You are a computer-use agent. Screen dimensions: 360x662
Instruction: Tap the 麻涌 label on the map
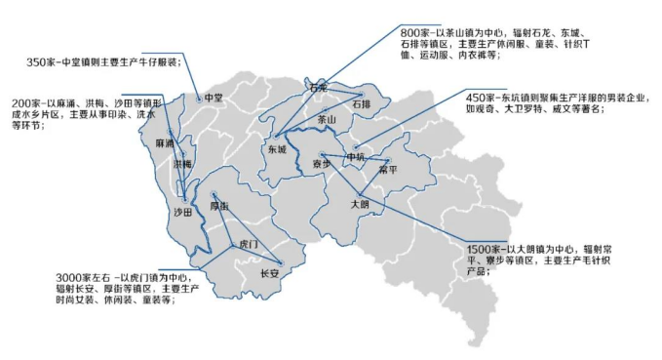click(x=164, y=143)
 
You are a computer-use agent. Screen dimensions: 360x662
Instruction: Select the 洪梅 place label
click(x=182, y=165)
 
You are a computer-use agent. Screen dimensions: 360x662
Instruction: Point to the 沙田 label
click(x=182, y=213)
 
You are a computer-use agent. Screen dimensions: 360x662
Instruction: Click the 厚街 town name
click(x=219, y=207)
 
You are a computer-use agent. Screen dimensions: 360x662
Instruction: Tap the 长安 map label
click(x=270, y=273)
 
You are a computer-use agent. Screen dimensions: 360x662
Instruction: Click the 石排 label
click(x=361, y=103)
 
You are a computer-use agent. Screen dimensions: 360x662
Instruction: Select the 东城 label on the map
click(x=276, y=150)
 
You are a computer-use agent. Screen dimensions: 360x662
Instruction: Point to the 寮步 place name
click(x=322, y=164)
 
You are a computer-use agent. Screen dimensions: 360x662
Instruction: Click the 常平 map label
click(x=388, y=170)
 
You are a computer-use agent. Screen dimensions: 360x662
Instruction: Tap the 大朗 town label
click(x=360, y=204)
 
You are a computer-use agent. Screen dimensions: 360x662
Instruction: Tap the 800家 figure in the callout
click(x=417, y=31)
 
